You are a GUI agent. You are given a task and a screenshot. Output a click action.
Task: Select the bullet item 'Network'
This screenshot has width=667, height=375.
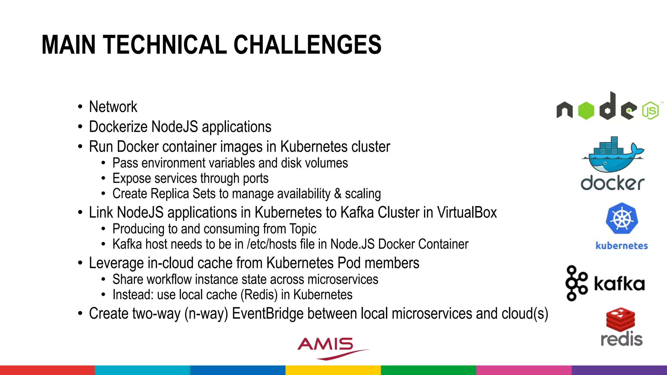pos(113,107)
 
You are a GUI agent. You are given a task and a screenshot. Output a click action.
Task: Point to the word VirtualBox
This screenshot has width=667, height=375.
pos(467,213)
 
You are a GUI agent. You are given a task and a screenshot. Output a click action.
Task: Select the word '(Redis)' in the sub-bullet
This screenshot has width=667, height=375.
pos(259,295)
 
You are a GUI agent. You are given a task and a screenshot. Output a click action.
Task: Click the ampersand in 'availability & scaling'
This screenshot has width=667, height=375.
pos(338,194)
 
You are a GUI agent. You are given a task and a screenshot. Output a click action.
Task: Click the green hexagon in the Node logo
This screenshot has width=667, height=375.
pos(586,111)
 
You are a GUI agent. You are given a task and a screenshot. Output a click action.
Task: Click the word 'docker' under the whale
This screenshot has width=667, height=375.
pos(612,183)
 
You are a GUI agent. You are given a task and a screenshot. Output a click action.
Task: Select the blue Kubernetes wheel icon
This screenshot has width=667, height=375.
pos(622,218)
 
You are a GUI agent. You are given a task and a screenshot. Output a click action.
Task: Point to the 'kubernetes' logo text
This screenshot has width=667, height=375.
pos(621,246)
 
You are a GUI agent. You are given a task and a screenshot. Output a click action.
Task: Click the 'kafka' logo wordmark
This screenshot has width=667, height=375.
pos(619,284)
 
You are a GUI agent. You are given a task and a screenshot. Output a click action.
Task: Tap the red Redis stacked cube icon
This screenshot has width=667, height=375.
pos(620,319)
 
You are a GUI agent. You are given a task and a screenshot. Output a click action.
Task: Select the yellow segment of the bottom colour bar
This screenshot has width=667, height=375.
pos(333,370)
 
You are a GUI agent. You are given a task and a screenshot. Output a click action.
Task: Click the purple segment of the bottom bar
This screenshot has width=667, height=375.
pos(619,370)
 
